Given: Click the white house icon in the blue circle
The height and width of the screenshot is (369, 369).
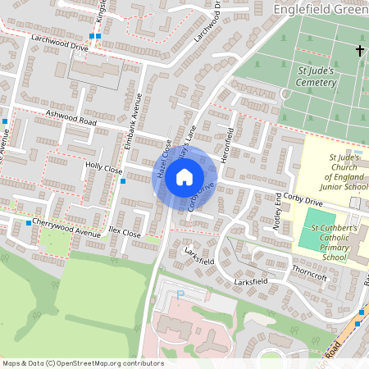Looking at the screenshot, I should [184, 176].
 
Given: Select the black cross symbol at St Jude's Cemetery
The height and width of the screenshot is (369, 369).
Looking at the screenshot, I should [359, 51].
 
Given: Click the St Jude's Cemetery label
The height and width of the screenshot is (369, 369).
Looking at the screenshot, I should [315, 76].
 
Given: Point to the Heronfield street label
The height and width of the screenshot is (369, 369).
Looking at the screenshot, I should [230, 150].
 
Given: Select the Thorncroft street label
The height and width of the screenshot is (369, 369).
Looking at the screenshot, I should [308, 277].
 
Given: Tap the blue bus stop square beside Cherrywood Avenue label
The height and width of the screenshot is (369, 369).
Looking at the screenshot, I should [28, 223].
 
